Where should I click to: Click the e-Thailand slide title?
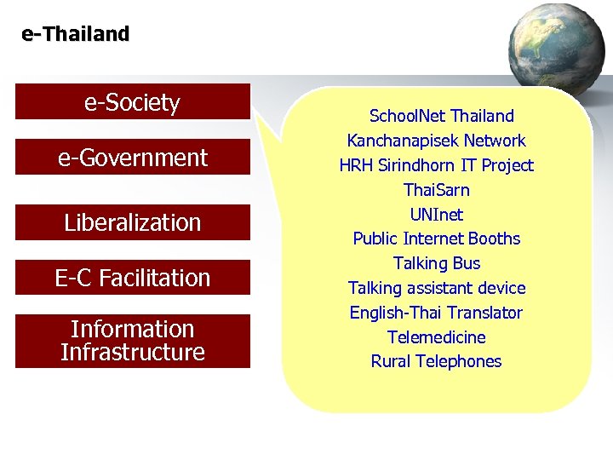(76, 35)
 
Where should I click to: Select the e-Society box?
(133, 102)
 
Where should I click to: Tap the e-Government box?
(133, 158)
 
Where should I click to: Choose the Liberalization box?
(133, 222)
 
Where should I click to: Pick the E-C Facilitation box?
(133, 278)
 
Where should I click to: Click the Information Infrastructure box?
(133, 341)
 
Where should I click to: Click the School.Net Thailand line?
(441, 116)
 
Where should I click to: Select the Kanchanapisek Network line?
(436, 141)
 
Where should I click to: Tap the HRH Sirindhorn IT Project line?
(436, 165)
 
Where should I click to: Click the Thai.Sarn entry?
(436, 190)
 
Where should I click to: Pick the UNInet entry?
(436, 215)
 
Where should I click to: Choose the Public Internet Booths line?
(436, 239)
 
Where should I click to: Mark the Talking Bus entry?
(436, 263)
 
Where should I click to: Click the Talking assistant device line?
(436, 288)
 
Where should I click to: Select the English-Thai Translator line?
(436, 313)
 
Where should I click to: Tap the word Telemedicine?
(436, 337)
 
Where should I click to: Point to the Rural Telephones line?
(436, 361)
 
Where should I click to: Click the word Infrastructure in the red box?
(133, 352)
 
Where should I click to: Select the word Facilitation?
(155, 278)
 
